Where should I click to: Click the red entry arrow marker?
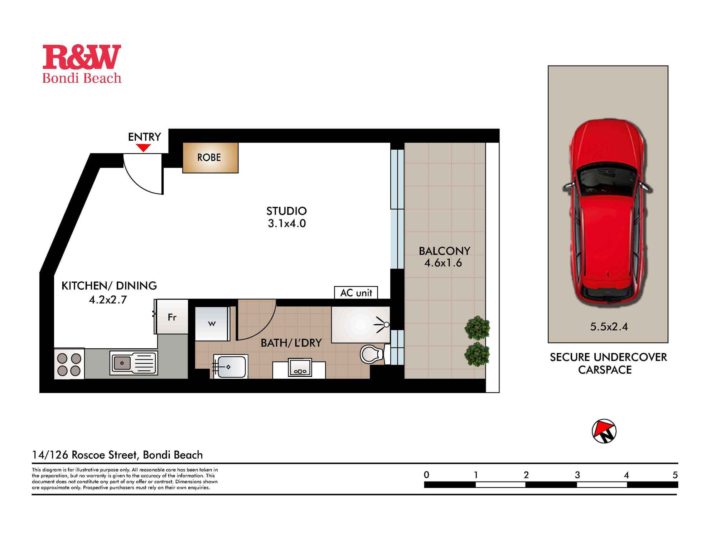point(144,147)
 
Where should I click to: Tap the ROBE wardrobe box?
point(211,158)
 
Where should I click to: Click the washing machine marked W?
point(212,324)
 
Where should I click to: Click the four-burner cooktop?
point(69,364)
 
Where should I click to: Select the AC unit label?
point(356,293)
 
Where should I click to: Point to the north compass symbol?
point(604,431)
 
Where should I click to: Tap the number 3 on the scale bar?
point(577,475)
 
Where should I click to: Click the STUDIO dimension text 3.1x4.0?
point(287,223)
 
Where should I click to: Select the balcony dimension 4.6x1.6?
point(443,263)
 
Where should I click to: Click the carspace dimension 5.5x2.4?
point(609,326)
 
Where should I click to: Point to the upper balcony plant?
point(477,327)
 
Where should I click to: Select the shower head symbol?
point(383,325)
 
